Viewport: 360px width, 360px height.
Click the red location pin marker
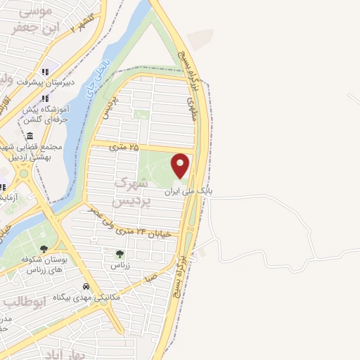coord(181,165)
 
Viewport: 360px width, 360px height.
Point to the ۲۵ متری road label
coord(125,148)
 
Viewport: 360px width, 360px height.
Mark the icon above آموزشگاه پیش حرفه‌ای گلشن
coord(46,98)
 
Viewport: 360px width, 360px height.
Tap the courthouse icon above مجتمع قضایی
coord(30,136)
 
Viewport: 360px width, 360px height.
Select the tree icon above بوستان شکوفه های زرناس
coord(44,248)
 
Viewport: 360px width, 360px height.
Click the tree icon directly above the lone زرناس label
coord(120,254)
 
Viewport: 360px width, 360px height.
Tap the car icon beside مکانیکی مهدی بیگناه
coord(86,286)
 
